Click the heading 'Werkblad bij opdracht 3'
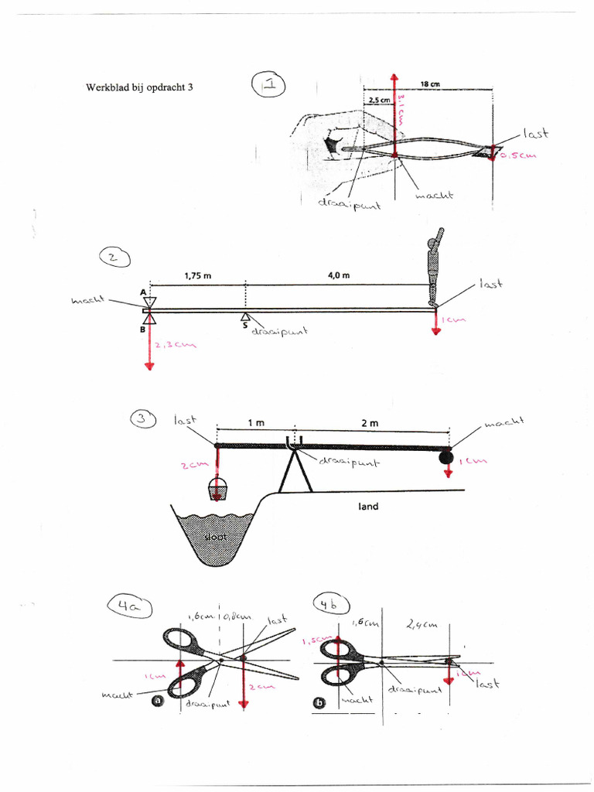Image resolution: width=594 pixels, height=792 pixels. point(138,87)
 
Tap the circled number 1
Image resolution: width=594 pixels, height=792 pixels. point(269,84)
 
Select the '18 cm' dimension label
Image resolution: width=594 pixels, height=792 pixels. point(430,84)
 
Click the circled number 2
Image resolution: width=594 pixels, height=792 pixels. point(114,258)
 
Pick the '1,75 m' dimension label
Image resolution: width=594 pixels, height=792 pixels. point(199,275)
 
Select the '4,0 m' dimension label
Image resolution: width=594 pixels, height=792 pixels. point(339,275)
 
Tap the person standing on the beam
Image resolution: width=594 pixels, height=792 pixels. point(435,267)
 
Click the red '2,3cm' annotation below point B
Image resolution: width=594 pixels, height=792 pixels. point(175,346)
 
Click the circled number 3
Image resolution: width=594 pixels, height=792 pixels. point(142,418)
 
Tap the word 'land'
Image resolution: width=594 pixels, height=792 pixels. point(367,507)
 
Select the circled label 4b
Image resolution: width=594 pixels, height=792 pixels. point(331,606)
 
